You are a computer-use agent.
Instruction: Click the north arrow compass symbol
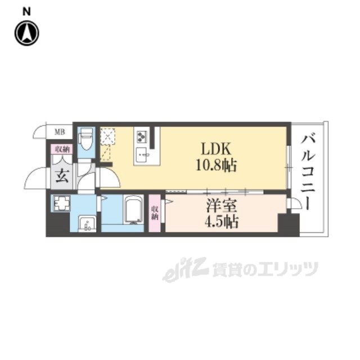pyautogui.click(x=26, y=33)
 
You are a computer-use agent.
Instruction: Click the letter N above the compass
pyautogui.click(x=27, y=10)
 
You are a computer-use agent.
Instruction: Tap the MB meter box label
pyautogui.click(x=58, y=132)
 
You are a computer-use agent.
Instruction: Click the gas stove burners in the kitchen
pyautogui.click(x=141, y=136)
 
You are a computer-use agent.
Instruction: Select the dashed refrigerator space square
pyautogui.click(x=107, y=136)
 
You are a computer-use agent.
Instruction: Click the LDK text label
pyautogui.click(x=215, y=149)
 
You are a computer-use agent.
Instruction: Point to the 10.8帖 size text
pyautogui.click(x=216, y=166)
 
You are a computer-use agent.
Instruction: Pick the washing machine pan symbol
pyautogui.click(x=60, y=204)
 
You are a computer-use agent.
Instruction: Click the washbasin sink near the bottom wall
pyautogui.click(x=87, y=224)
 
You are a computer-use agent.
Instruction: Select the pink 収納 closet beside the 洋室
pyautogui.click(x=155, y=213)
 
